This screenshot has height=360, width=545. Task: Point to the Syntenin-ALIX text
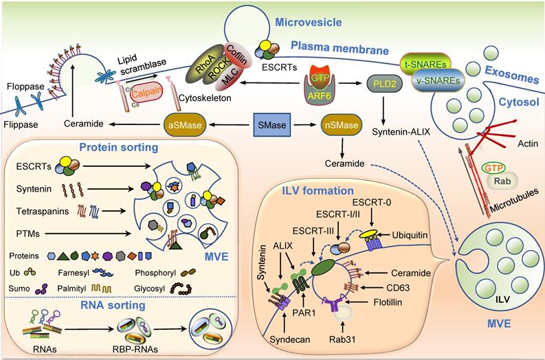400,131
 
